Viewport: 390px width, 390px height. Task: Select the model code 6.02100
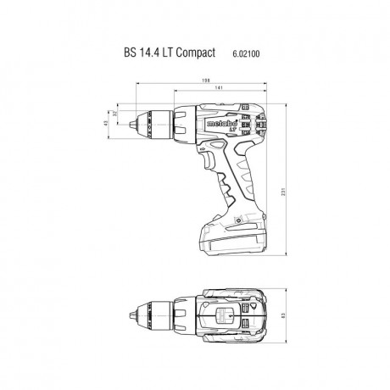(x=247, y=53)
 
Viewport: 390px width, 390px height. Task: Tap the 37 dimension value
(x=115, y=115)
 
